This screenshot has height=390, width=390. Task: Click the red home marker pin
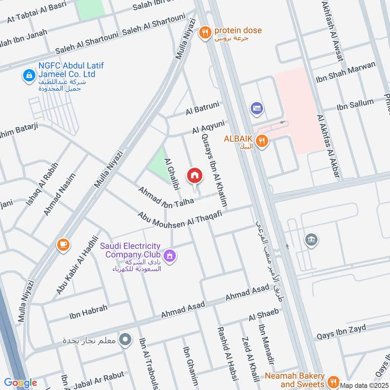tap(194, 176)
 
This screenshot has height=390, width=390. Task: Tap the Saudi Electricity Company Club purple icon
tap(170, 255)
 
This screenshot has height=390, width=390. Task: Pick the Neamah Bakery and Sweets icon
tap(333, 381)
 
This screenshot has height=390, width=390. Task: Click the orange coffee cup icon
tap(62, 244)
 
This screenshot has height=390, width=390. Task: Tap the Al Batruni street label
tap(202, 109)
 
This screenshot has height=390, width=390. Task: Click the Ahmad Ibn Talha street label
tap(165, 196)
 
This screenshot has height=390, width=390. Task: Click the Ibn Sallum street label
tap(355, 104)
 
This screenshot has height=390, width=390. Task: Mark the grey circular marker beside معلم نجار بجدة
tap(126, 339)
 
